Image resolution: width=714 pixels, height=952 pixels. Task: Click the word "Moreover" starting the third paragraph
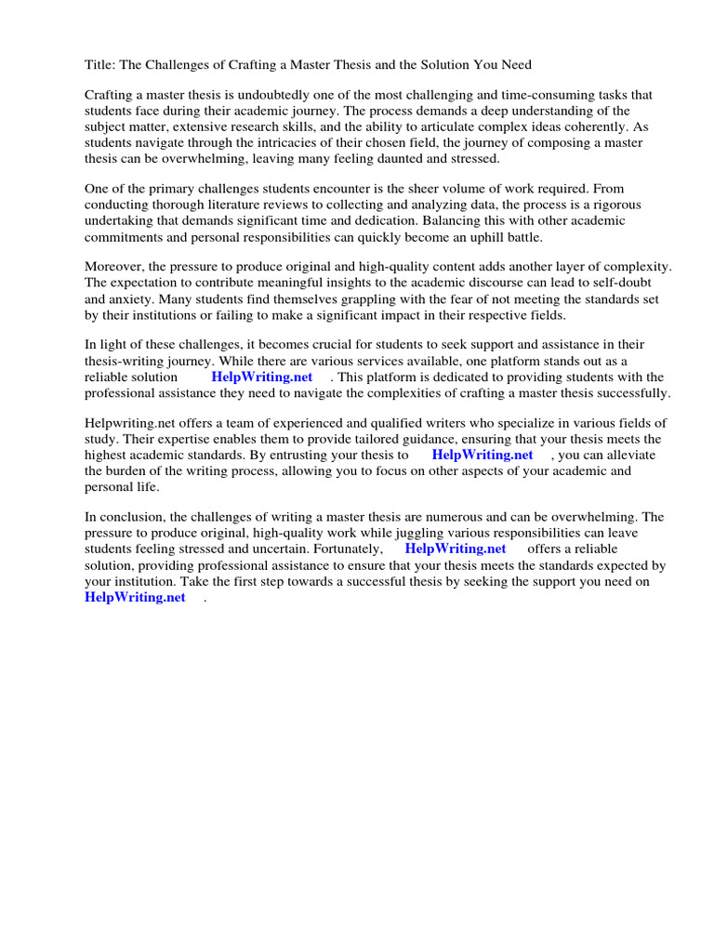click(x=113, y=267)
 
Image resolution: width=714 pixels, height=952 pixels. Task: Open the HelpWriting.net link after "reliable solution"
click(x=261, y=377)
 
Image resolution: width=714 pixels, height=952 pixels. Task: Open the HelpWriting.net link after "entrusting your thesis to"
click(x=483, y=455)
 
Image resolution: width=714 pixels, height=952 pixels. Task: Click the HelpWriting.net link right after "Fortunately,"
click(x=456, y=549)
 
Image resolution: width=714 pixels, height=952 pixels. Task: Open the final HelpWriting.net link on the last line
click(x=135, y=597)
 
